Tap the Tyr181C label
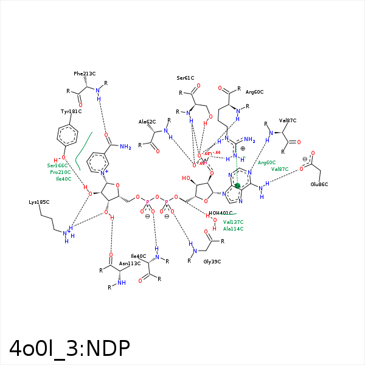(71, 111)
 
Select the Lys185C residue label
(38, 202)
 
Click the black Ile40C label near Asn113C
(139, 255)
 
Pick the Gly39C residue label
(212, 261)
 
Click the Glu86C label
(319, 184)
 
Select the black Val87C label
(288, 120)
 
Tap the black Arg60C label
(254, 92)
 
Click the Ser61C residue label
(186, 78)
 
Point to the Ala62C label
(148, 122)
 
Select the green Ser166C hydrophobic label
(58, 165)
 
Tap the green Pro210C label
(60, 172)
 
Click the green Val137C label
(233, 222)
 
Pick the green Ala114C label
(233, 229)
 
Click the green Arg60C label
(266, 162)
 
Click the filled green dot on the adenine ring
(238, 186)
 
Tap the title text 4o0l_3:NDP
(69, 348)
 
